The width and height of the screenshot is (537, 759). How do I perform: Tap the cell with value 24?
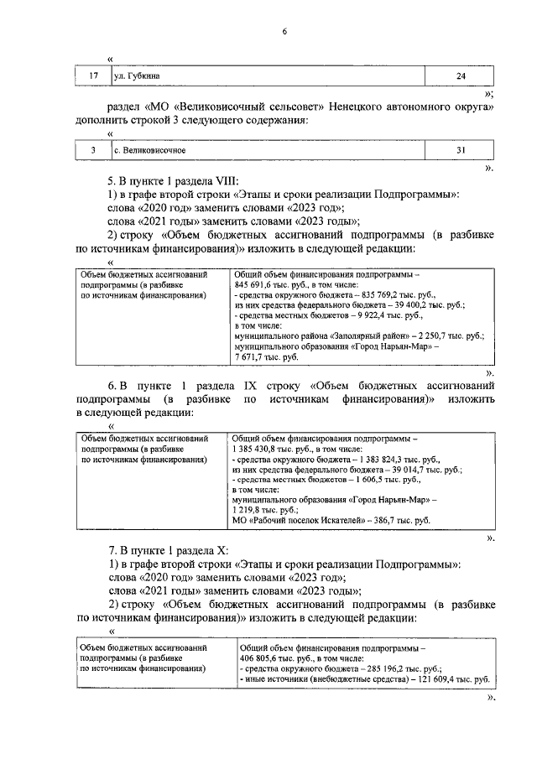click(x=460, y=76)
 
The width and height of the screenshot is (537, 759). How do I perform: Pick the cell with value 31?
click(x=460, y=151)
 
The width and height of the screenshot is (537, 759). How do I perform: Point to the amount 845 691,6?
click(x=255, y=285)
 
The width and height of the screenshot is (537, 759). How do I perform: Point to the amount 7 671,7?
click(x=253, y=356)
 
